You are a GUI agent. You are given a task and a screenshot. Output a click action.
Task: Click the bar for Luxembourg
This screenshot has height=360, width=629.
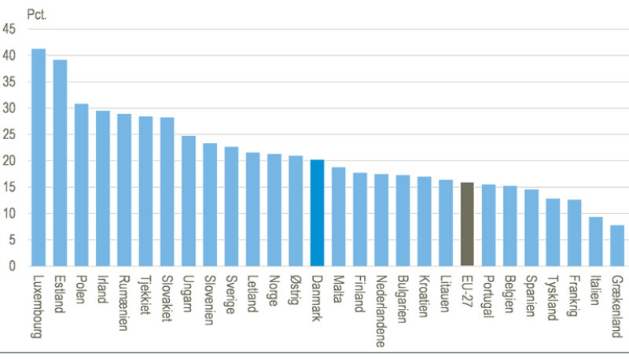click(x=39, y=157)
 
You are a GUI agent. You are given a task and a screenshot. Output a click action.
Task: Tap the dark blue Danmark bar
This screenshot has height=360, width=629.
click(x=318, y=213)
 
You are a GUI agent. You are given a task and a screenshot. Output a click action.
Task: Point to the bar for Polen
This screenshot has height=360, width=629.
click(x=81, y=185)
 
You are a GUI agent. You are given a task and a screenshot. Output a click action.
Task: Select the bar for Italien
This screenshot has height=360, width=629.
click(x=597, y=241)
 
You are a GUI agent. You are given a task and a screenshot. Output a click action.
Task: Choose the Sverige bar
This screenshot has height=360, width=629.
click(x=231, y=206)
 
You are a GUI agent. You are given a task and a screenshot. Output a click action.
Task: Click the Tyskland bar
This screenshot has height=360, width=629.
click(x=554, y=232)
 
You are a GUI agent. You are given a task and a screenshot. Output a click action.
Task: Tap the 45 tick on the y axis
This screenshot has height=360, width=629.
click(x=9, y=30)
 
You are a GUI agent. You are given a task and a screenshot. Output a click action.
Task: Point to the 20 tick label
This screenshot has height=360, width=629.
click(x=9, y=161)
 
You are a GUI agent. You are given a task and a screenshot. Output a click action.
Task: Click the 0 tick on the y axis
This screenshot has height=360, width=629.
click(x=12, y=266)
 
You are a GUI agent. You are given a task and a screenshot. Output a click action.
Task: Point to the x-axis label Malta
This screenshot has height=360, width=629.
click(x=339, y=289)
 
